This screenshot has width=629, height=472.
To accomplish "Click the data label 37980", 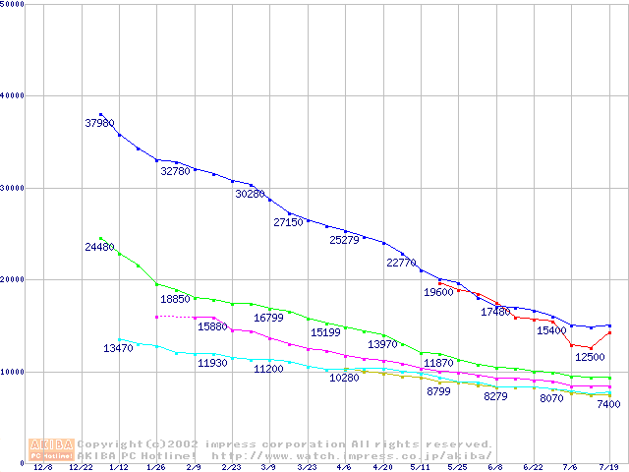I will click(x=99, y=124).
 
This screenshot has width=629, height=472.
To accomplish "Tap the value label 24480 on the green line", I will click(x=99, y=247).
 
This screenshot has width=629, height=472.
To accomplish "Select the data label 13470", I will click(x=118, y=349).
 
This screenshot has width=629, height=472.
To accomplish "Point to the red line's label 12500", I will click(x=590, y=357).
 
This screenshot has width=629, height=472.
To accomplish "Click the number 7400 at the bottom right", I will click(x=608, y=404).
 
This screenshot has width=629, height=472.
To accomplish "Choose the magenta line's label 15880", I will click(x=212, y=326).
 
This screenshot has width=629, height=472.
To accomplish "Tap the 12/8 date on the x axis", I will click(x=44, y=468).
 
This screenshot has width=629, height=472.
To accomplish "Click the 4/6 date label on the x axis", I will click(x=345, y=468).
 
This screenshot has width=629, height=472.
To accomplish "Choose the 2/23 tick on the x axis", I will click(x=232, y=468).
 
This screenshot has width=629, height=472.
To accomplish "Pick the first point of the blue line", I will click(x=101, y=114).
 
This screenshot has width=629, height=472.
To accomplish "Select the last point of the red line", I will click(x=609, y=332).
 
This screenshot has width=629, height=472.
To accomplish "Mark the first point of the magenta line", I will click(x=157, y=317).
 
